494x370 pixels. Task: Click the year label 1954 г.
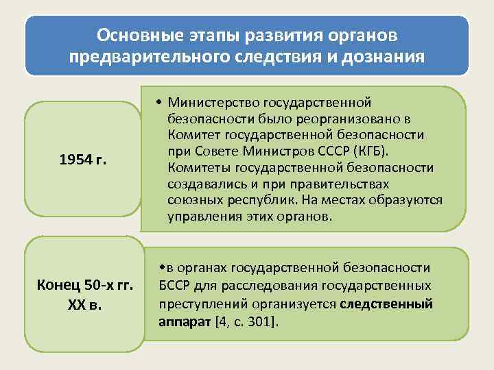point(83,160)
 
